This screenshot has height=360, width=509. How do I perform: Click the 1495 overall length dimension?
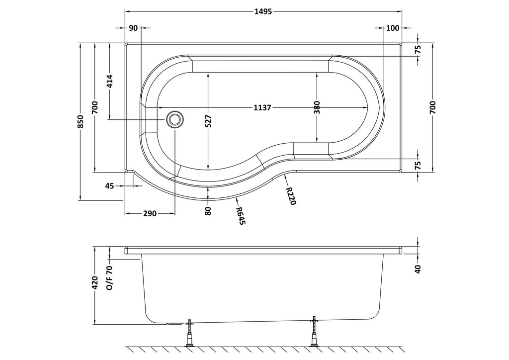tap(263, 11)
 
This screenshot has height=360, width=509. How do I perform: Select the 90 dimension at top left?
tap(133, 28)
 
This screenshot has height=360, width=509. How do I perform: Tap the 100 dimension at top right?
tap(393, 28)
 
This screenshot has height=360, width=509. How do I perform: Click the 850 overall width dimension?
tap(81, 121)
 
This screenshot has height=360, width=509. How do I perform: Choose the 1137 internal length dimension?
tap(262, 107)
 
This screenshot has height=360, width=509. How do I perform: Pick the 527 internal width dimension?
tap(208, 121)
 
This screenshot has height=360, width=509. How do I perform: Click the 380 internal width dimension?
tap(317, 107)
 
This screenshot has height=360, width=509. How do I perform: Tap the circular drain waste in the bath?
tap(175, 120)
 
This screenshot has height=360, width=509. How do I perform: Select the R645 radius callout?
tap(241, 216)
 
